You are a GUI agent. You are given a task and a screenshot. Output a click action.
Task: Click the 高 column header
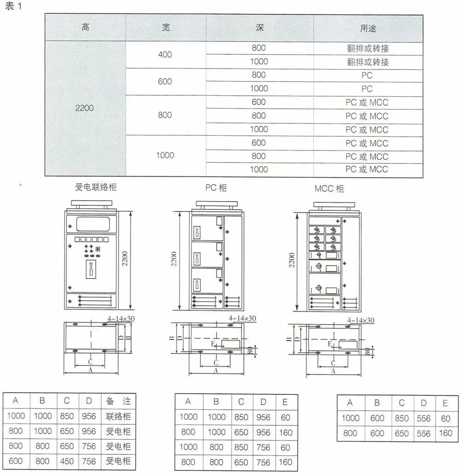pyautogui.click(x=85, y=28)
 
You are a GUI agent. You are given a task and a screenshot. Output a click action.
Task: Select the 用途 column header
pyautogui.click(x=368, y=28)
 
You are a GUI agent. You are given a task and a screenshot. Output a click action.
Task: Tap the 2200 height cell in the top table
pyautogui.click(x=85, y=109)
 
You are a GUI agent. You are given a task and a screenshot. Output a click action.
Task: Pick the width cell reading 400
pyautogui.click(x=165, y=54)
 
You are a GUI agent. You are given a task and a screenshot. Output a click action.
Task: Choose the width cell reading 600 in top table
pyautogui.click(x=165, y=81)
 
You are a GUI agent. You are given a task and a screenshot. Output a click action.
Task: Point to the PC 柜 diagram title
pyautogui.click(x=216, y=188)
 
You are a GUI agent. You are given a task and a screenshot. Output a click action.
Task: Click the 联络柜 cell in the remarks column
pyautogui.click(x=118, y=417)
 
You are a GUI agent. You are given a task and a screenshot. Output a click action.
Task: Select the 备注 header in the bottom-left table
pyautogui.click(x=118, y=401)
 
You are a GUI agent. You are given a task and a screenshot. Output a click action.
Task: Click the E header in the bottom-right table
pyautogui.click(x=445, y=403)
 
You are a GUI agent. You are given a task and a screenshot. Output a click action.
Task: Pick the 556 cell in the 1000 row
pyautogui.click(x=423, y=418)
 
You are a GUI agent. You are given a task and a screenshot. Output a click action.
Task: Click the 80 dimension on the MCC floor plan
pyautogui.click(x=368, y=353)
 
